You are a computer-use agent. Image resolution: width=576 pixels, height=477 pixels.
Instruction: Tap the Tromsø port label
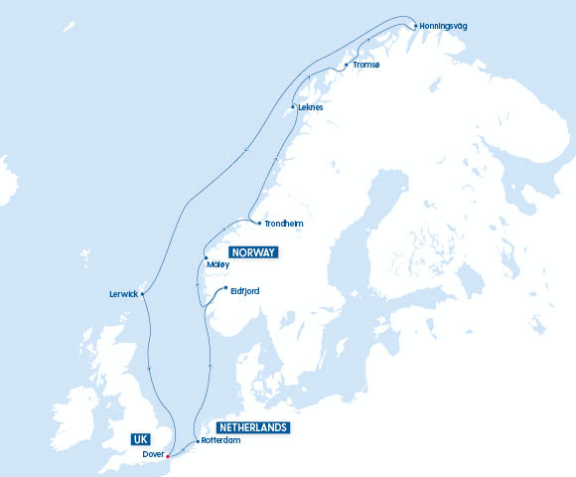[365, 65]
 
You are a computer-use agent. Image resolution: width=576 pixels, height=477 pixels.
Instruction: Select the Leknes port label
[311, 106]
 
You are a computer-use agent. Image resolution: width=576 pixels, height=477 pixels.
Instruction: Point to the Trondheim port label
[283, 224]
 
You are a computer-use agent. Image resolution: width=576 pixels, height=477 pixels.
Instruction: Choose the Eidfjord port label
[244, 290]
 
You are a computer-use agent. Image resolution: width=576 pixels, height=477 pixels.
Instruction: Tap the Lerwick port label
[124, 294]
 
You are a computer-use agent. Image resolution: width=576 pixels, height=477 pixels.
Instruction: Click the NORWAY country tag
[253, 252]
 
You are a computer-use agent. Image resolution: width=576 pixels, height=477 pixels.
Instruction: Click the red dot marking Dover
[169, 456]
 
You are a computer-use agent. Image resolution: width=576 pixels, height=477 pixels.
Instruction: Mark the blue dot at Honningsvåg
[415, 25]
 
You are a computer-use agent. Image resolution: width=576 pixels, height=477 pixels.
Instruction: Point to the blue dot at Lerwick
[143, 294]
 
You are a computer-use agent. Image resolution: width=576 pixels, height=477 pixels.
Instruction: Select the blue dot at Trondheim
[259, 224]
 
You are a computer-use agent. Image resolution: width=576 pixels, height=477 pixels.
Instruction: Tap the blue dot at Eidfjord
[225, 288]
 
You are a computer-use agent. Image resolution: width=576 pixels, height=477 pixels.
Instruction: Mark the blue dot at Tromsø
[346, 66]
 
